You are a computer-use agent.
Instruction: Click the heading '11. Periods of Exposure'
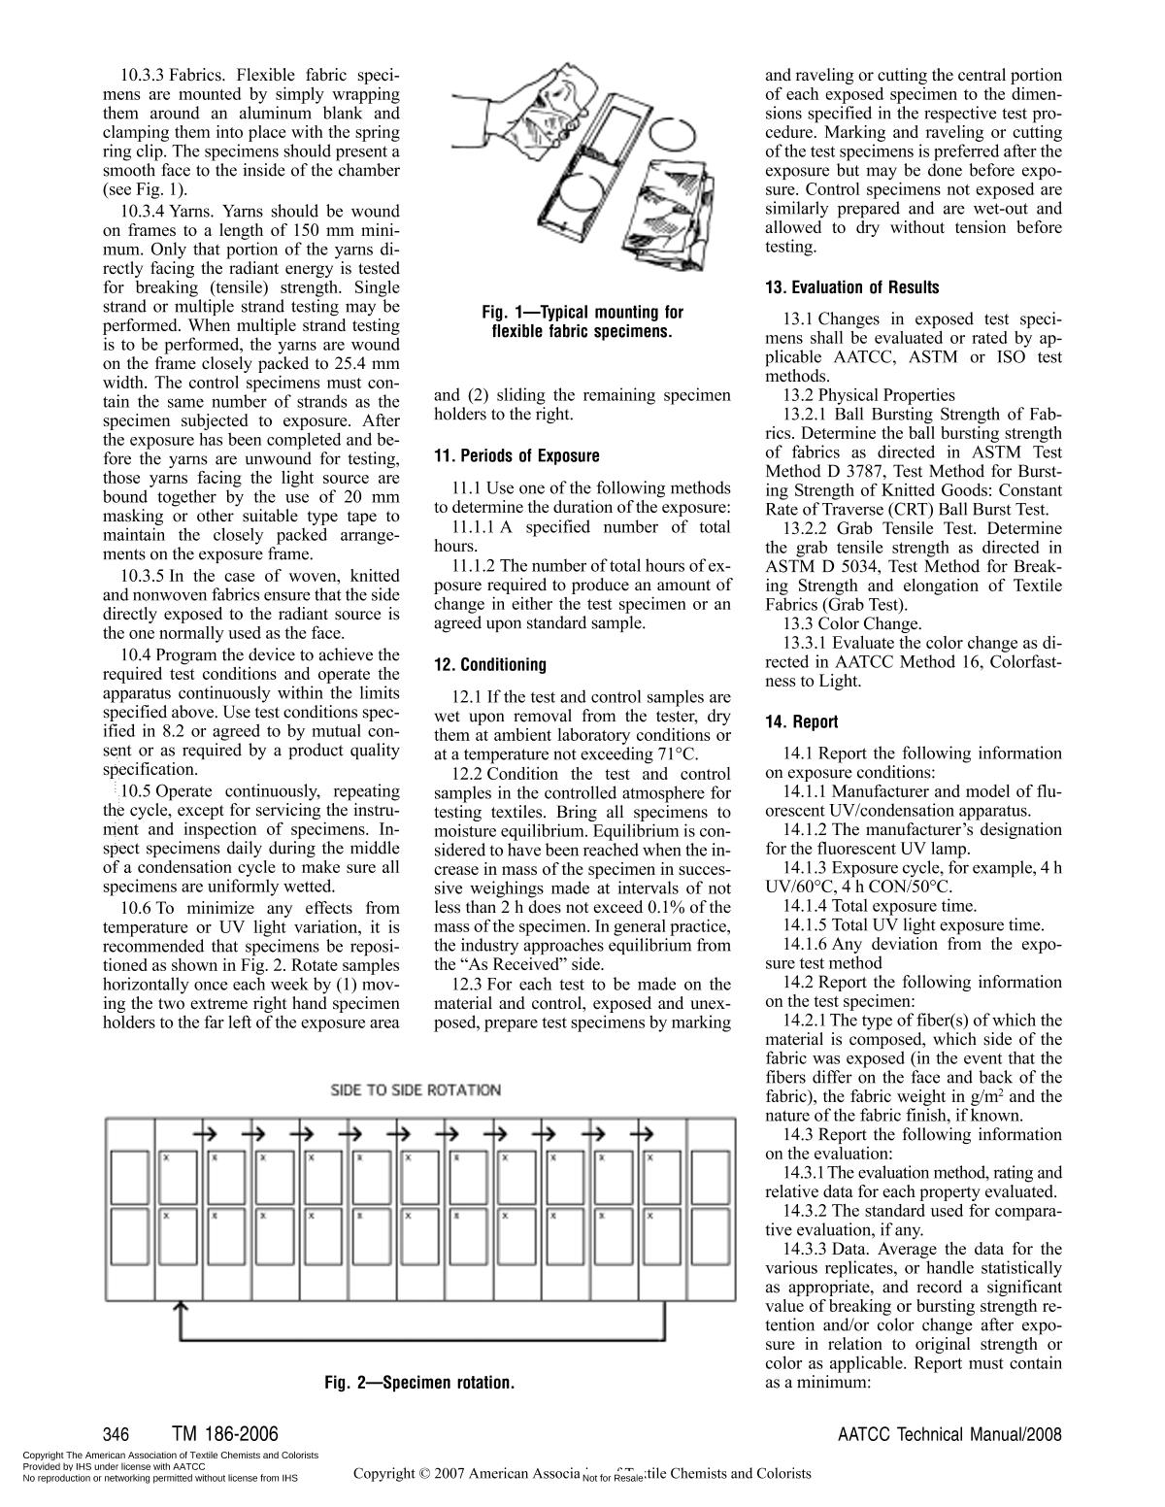click(x=516, y=456)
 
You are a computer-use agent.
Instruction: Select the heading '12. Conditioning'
click(x=489, y=665)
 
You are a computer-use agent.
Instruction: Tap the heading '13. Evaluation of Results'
click(x=851, y=287)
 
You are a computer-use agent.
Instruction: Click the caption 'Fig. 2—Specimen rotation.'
click(x=419, y=1382)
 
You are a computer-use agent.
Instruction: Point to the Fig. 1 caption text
click(x=582, y=321)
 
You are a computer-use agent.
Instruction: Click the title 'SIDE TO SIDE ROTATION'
click(x=416, y=1090)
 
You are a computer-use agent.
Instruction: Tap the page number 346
click(x=116, y=1434)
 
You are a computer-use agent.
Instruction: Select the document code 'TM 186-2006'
click(x=224, y=1434)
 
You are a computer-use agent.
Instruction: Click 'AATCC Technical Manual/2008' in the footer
click(x=949, y=1434)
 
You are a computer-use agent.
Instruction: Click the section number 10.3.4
click(x=143, y=211)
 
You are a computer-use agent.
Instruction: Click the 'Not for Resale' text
click(x=613, y=1478)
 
